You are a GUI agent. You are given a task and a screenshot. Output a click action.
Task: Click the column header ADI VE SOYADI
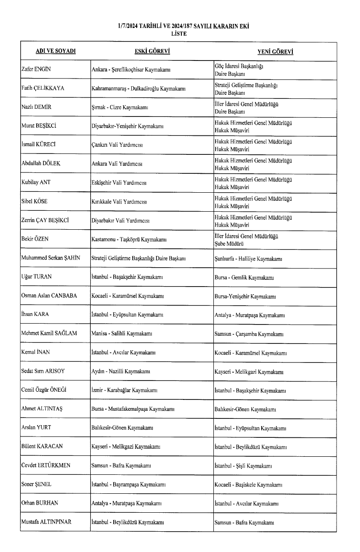[x=55, y=51]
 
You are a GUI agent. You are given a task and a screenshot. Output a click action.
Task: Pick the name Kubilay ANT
[x=37, y=183]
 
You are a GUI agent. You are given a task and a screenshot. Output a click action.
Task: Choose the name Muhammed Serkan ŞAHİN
[x=51, y=259]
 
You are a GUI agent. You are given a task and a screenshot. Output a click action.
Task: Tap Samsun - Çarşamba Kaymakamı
[x=249, y=335]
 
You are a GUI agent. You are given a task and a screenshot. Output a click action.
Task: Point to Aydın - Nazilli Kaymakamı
[x=121, y=373]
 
